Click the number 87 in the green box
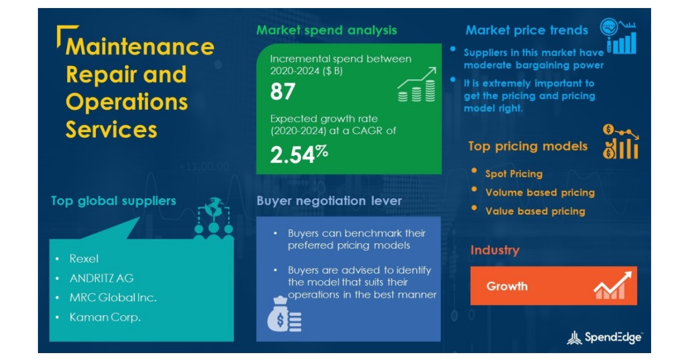pyautogui.click(x=282, y=91)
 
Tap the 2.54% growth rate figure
pyautogui.click(x=299, y=154)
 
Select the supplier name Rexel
pyautogui.click(x=84, y=259)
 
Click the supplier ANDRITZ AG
pyautogui.click(x=102, y=278)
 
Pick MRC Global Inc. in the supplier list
pyautogui.click(x=113, y=297)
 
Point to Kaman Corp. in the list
pyautogui.click(x=105, y=318)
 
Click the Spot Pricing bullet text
pyautogui.click(x=514, y=174)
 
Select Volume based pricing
pyautogui.click(x=540, y=192)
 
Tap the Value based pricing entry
pyautogui.click(x=535, y=211)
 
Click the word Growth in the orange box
pyautogui.click(x=507, y=287)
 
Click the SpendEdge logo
pyautogui.click(x=605, y=338)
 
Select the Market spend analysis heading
pyautogui.click(x=326, y=30)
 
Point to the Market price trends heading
pyautogui.click(x=527, y=30)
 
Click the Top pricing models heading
pyautogui.click(x=528, y=146)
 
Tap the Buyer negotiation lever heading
pyautogui.click(x=329, y=201)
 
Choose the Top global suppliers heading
pyautogui.click(x=114, y=201)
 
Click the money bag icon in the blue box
pyautogui.click(x=284, y=315)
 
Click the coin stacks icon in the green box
pyautogui.click(x=417, y=84)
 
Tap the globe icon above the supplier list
pyautogui.click(x=214, y=207)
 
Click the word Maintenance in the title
pyautogui.click(x=140, y=47)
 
